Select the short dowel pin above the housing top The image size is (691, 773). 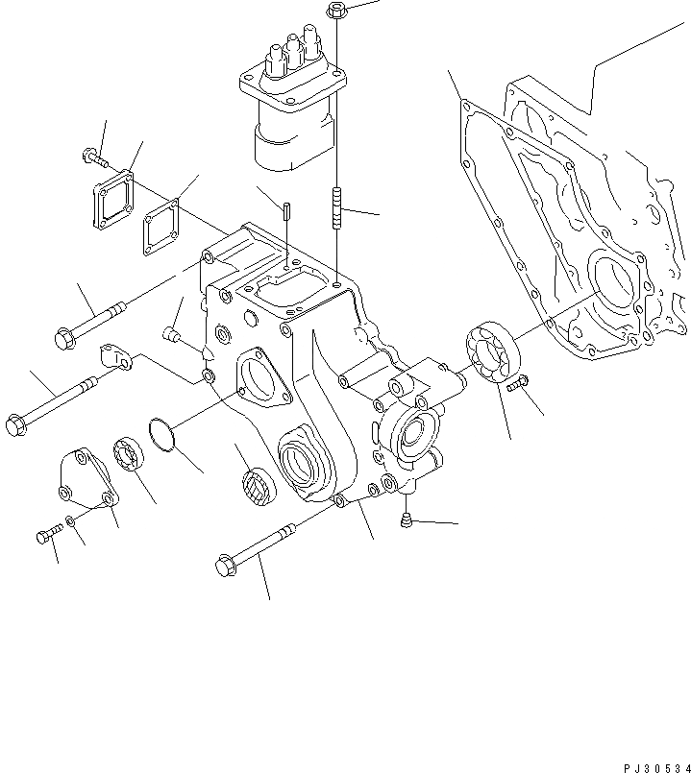tap(287, 209)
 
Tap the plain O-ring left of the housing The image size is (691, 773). tap(164, 433)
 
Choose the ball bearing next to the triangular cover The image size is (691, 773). tap(129, 452)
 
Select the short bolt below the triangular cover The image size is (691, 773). tap(46, 537)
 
